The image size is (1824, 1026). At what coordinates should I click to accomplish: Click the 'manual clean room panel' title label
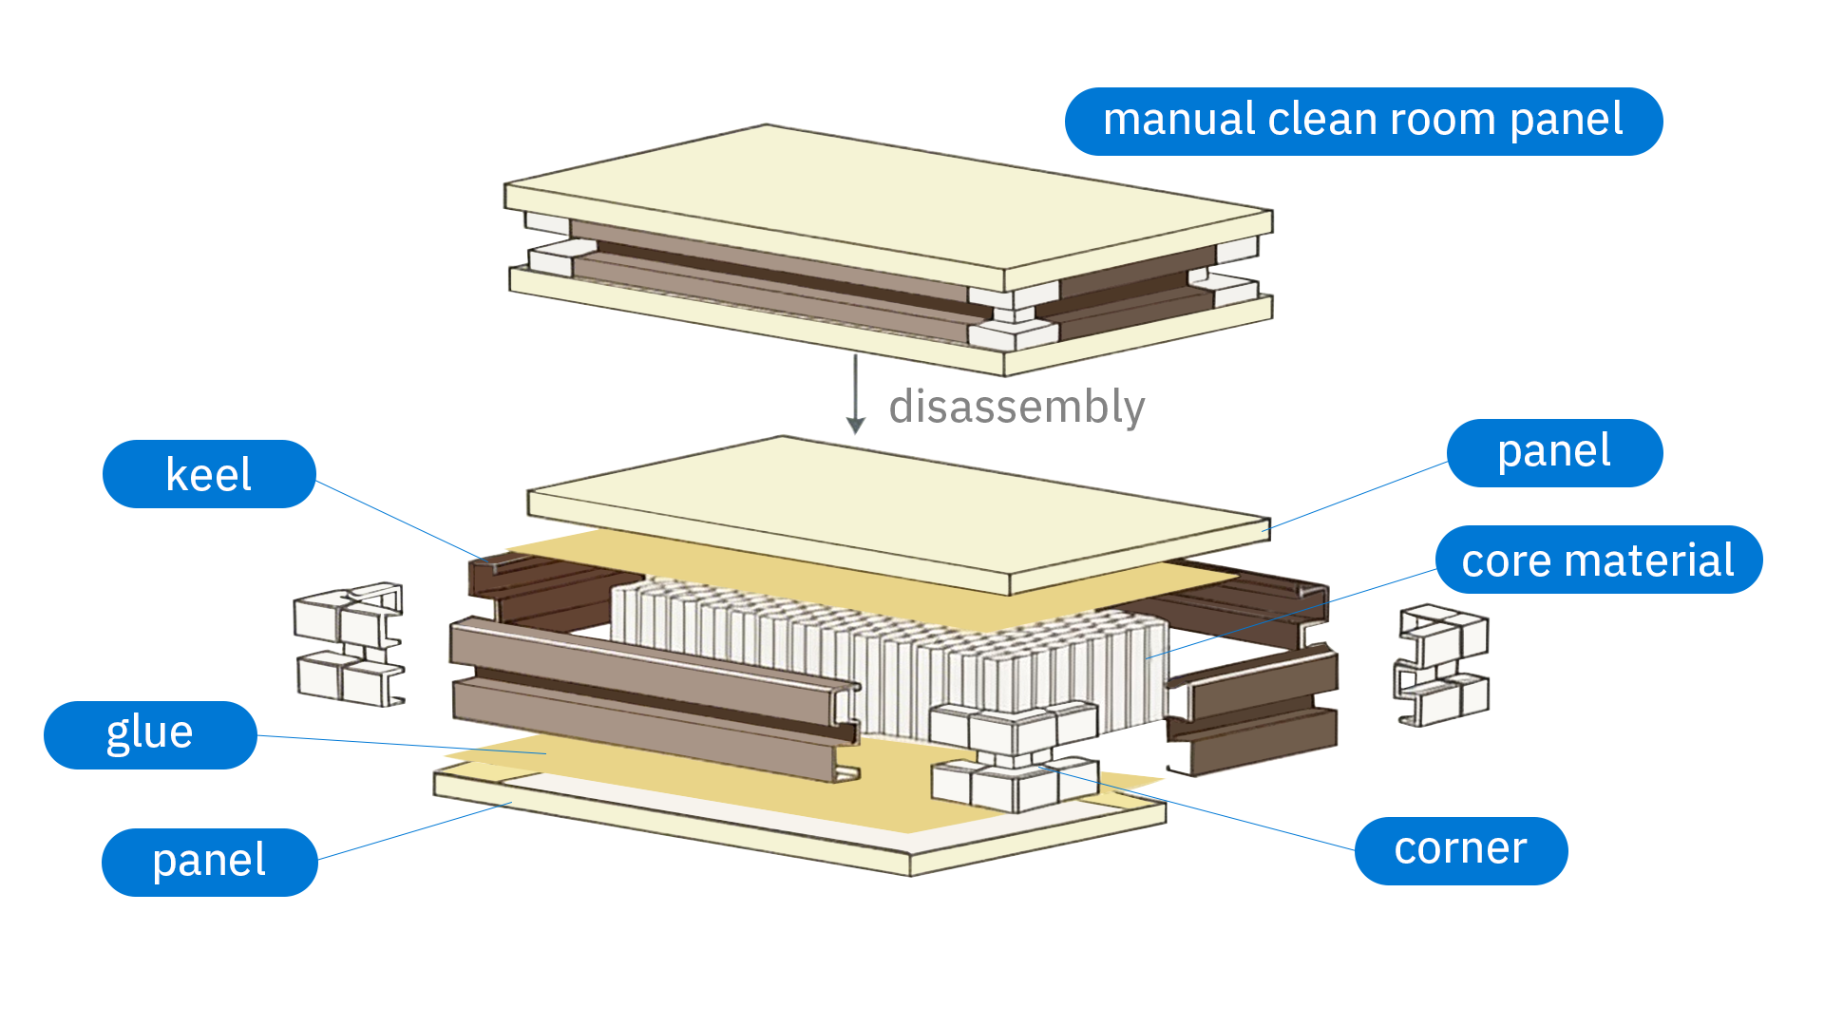click(1362, 121)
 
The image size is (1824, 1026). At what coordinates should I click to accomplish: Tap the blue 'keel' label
click(209, 474)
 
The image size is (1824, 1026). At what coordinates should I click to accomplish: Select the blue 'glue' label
click(150, 734)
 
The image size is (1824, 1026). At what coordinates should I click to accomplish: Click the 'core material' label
click(1598, 560)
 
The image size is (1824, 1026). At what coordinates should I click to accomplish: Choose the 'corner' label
click(1460, 850)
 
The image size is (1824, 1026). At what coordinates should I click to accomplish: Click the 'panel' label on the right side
click(1554, 452)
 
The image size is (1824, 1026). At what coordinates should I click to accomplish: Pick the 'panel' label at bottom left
click(209, 862)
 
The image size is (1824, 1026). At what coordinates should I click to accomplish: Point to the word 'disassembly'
click(1016, 407)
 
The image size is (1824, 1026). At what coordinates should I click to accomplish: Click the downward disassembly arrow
click(856, 394)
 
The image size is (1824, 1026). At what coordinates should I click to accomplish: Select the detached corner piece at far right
click(1442, 665)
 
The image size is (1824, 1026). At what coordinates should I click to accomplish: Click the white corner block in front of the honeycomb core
click(1015, 755)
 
